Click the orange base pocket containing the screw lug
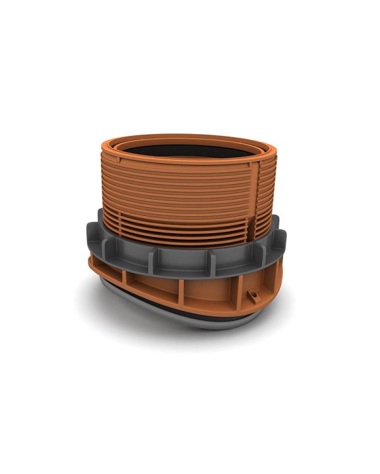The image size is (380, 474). point(250,291)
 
